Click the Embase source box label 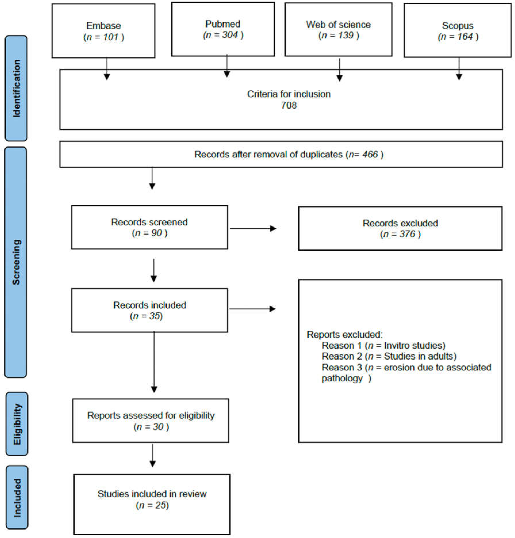pos(104,26)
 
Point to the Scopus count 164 pos(465,36)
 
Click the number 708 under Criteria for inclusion pos(288,105)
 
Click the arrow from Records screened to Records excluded pos(252,228)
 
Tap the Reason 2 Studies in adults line pos(388,356)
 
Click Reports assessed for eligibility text pos(151,415)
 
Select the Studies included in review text pos(152,494)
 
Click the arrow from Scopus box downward pos(459,69)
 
